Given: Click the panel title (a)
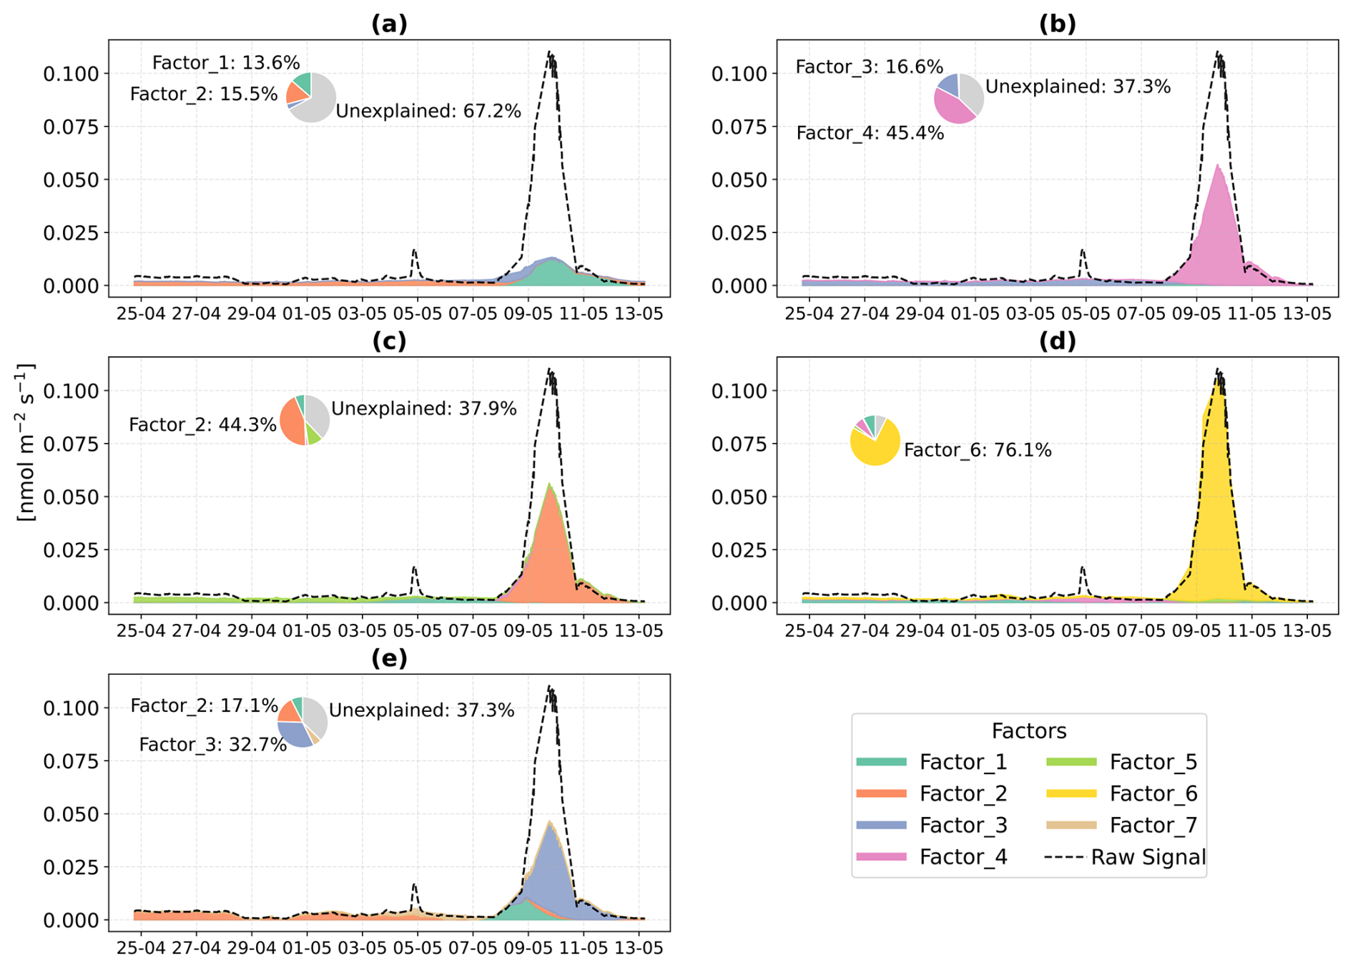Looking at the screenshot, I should [x=389, y=24].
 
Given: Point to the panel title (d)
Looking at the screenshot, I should [x=1057, y=341].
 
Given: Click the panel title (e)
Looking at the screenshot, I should [x=389, y=658].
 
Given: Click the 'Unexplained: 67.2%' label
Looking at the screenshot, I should [x=428, y=112].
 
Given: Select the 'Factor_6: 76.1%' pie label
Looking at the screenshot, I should [x=978, y=450].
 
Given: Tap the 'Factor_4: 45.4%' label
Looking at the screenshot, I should [x=870, y=133].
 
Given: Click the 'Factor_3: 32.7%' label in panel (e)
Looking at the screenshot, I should [x=212, y=745].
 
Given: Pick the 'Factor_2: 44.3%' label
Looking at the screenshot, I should [x=202, y=425].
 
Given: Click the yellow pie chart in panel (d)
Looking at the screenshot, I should [x=875, y=441].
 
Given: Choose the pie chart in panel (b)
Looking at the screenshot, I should [x=959, y=99].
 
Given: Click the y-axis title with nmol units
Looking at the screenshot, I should [x=25, y=443].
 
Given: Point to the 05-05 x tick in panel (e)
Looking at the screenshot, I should [x=417, y=949].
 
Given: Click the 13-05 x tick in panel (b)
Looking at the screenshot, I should [x=1307, y=314].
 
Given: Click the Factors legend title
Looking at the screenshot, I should [x=1028, y=731].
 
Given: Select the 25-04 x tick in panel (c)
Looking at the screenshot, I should [x=139, y=631].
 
